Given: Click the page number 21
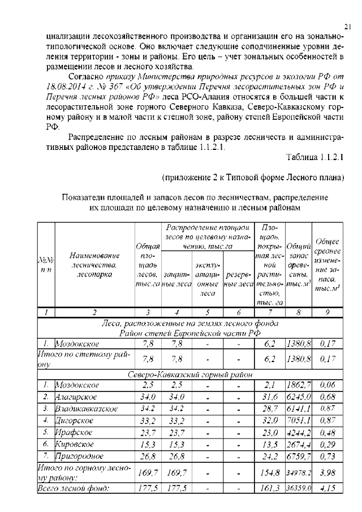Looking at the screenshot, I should [x=348, y=25].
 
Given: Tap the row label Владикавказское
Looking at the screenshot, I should [x=87, y=408].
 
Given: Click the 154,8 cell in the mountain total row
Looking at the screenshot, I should [x=271, y=472].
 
